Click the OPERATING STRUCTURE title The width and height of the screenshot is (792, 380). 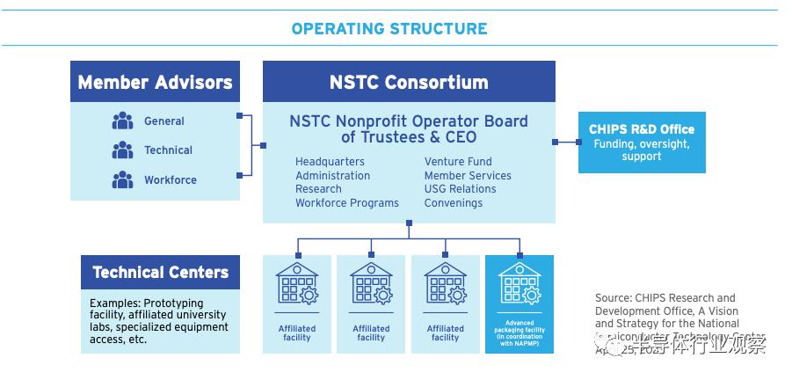[389, 28]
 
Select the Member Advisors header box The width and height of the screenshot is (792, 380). [155, 82]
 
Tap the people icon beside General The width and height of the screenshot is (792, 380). [122, 121]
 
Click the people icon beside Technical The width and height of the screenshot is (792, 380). [122, 150]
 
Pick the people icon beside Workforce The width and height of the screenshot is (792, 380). [122, 179]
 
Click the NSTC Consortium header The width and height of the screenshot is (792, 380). [409, 82]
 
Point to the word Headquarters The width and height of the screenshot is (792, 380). [330, 162]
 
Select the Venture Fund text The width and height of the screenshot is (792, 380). [458, 162]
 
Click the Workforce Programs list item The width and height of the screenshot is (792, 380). [346, 203]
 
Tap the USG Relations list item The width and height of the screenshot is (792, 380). [460, 189]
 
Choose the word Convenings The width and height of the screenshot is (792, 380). [453, 203]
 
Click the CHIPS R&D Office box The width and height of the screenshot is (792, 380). [641, 141]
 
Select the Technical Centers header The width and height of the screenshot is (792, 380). [160, 272]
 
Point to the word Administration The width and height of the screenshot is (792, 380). [332, 175]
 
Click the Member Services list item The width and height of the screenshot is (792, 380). [467, 175]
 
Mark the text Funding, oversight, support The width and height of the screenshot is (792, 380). [641, 150]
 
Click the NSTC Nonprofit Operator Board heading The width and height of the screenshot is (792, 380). [409, 128]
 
